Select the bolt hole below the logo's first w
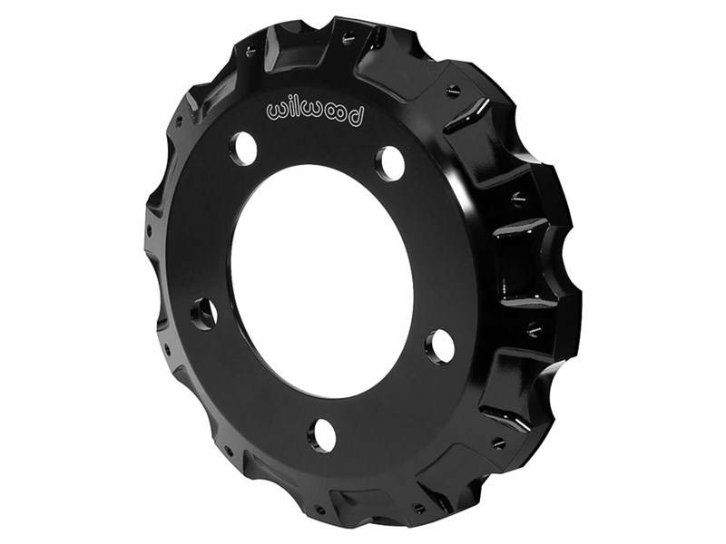click(243, 148)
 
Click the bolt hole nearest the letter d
click(390, 163)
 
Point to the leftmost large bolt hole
click(204, 313)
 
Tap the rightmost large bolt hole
click(440, 345)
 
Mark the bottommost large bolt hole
click(322, 435)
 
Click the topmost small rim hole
click(348, 37)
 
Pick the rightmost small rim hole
click(535, 330)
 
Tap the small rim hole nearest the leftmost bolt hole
click(167, 344)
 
